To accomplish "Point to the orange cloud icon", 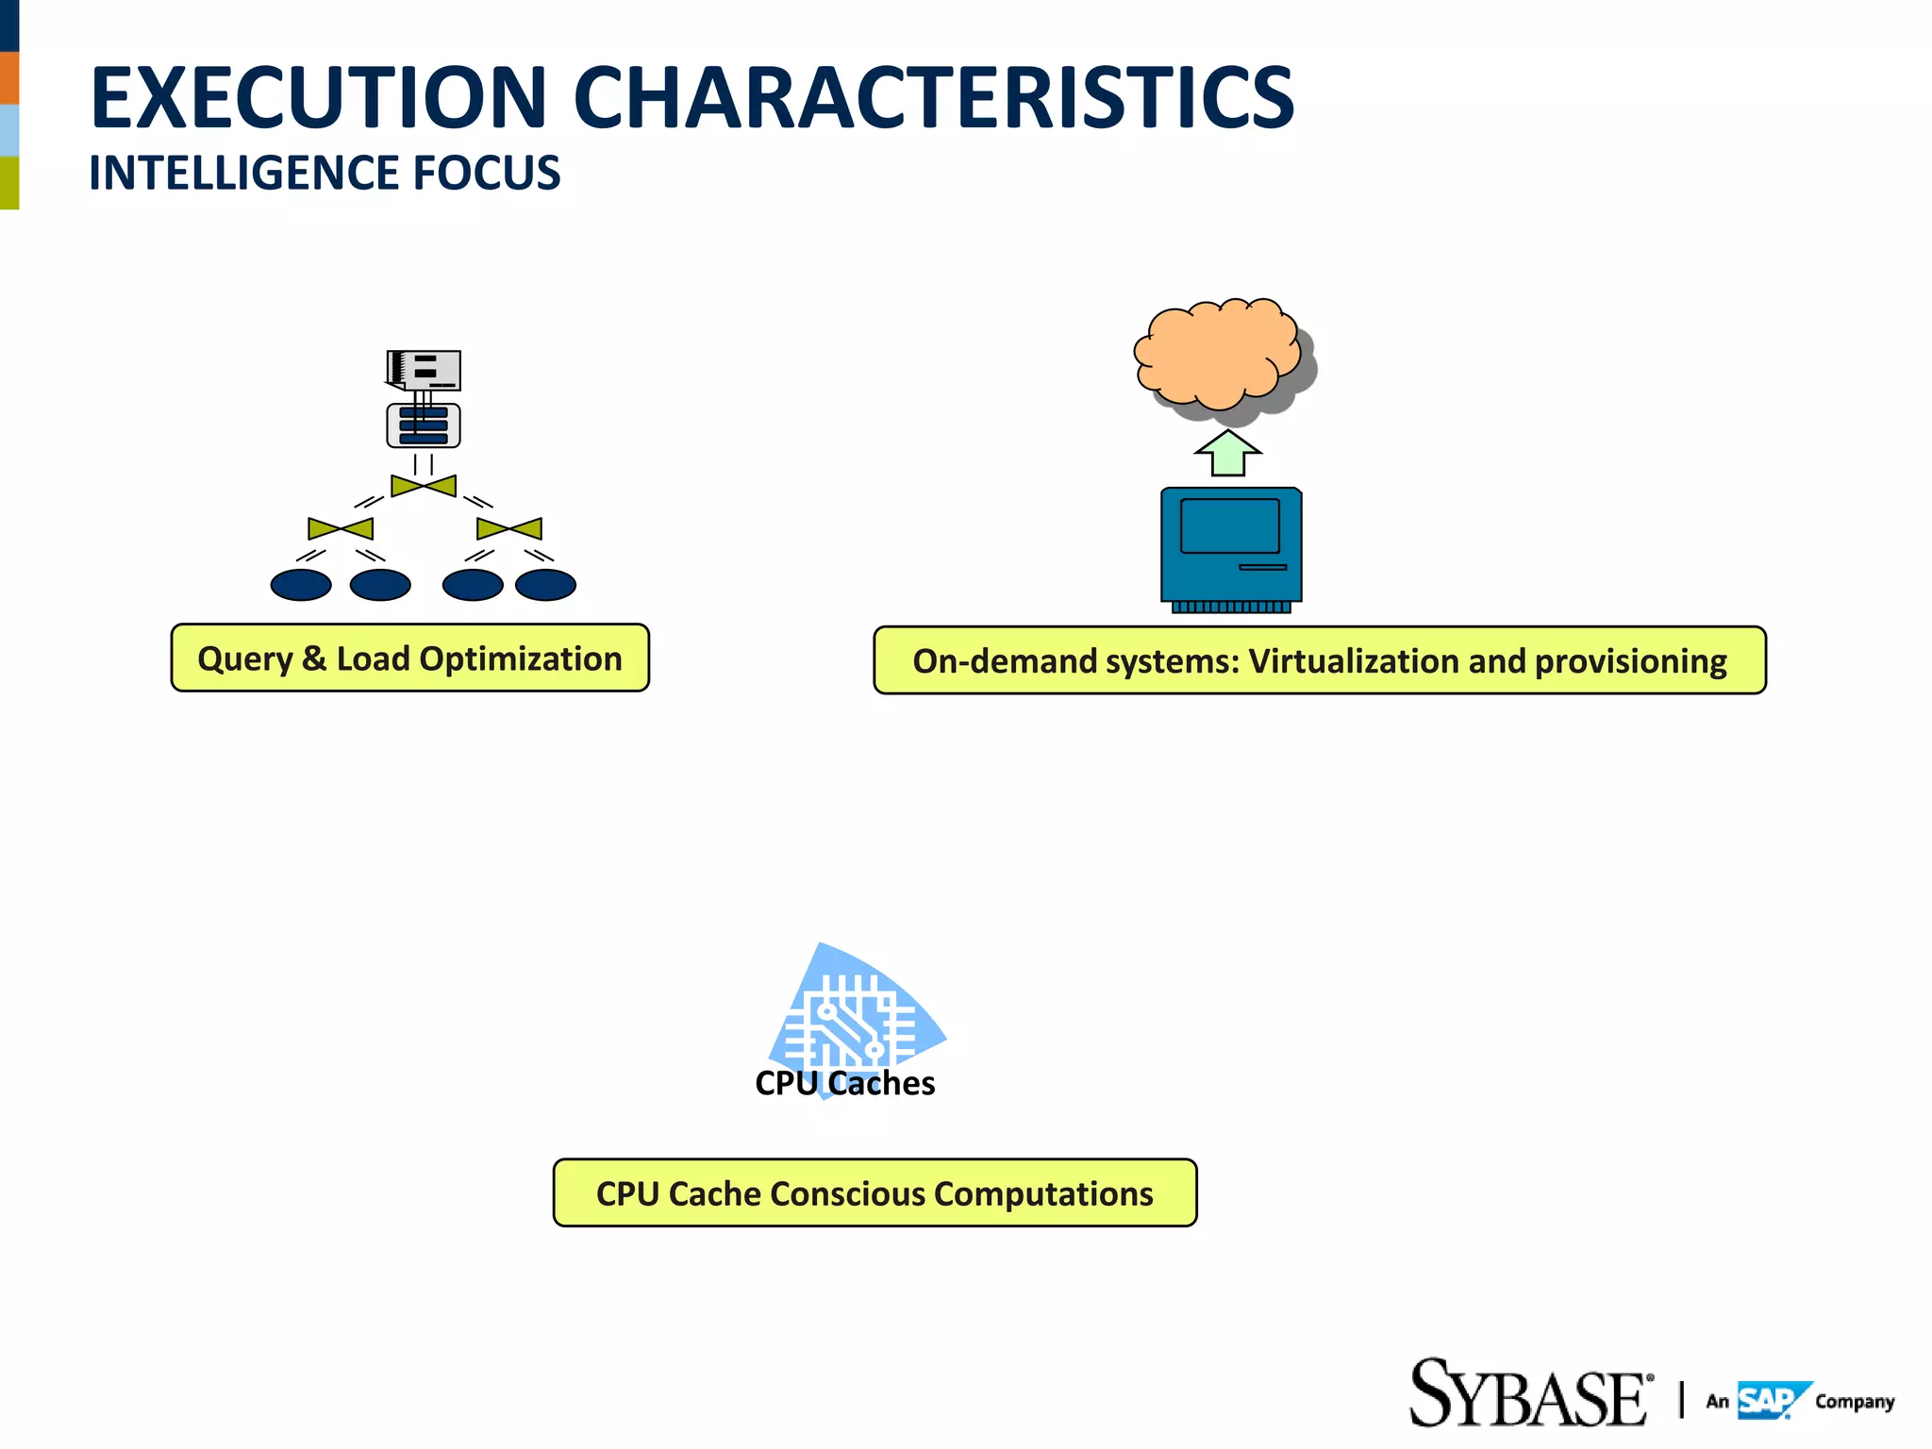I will coord(1217,354).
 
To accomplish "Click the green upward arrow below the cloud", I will coord(1227,455).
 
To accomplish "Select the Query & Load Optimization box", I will coord(409,658).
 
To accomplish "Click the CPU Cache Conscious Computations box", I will coord(874,1193).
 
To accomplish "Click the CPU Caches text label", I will coord(844,1083).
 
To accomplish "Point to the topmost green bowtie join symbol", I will coord(424,486).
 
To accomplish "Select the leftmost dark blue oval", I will coord(301,585).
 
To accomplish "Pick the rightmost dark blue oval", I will coord(545,585).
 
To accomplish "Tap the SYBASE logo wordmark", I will coord(1528,1394).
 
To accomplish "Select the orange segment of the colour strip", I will coord(8,77).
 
